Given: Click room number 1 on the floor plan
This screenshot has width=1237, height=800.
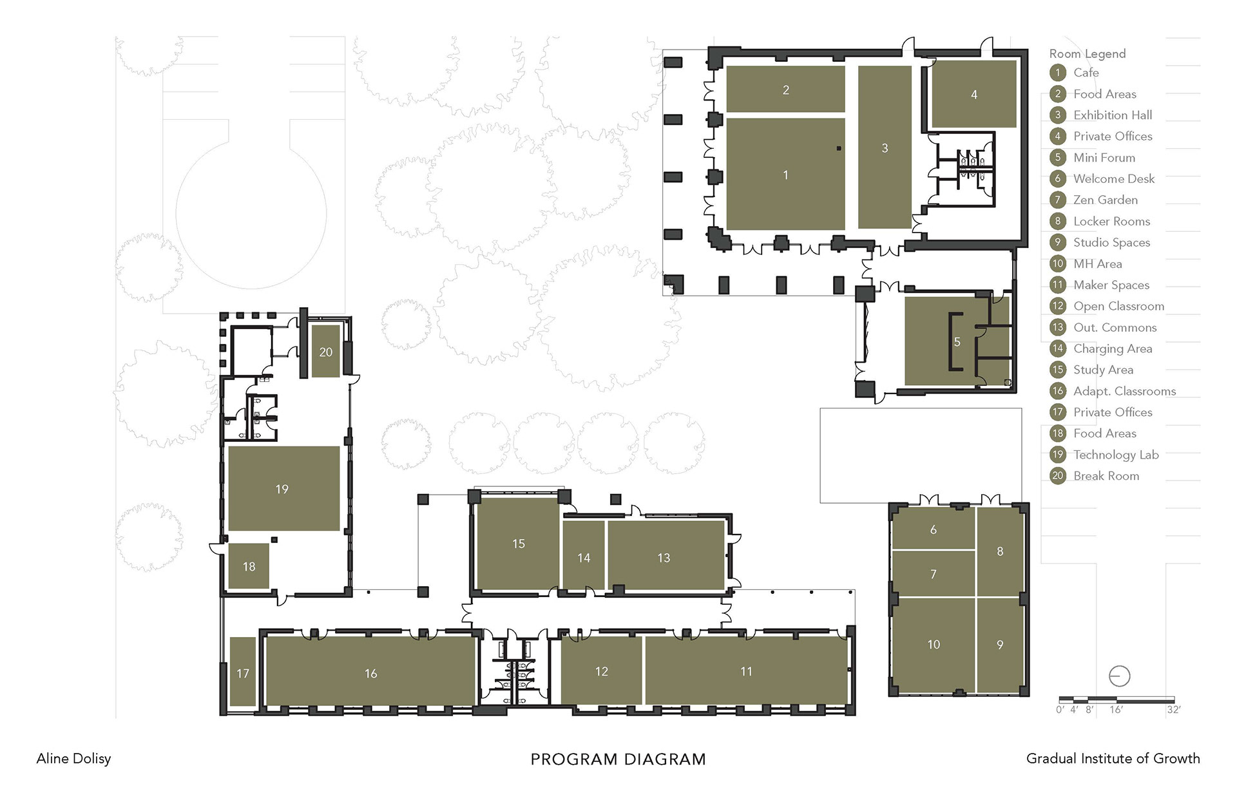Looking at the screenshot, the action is [785, 174].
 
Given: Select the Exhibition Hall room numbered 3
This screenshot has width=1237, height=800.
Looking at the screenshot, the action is [885, 148].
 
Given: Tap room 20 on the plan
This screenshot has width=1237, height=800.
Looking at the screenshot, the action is [326, 352].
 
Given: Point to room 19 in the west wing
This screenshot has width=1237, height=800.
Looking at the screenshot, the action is [283, 489].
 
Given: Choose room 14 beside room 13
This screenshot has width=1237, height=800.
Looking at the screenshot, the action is [584, 557].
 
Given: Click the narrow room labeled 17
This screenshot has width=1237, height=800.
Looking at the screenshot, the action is [243, 672].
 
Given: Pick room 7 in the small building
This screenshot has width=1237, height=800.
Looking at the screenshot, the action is [933, 573].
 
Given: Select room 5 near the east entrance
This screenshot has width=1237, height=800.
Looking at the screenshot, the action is [957, 341].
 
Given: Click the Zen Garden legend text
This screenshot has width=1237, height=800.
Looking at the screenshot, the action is [1106, 200].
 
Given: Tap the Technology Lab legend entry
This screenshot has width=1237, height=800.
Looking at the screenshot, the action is [1116, 455].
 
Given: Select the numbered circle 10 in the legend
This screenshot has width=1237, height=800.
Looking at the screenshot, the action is [1058, 263].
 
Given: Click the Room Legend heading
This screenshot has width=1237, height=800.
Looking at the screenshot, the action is [1088, 53].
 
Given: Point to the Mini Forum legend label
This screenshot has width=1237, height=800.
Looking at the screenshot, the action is [1104, 157].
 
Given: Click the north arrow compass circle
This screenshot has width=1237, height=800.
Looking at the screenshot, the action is [1120, 676].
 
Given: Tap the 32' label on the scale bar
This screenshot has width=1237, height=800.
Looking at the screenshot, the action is [1173, 710].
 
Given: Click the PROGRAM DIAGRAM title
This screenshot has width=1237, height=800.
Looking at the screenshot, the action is [618, 759].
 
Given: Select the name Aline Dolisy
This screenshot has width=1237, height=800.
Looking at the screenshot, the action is [73, 759].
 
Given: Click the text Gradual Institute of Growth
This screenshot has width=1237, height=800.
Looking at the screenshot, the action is [1113, 758].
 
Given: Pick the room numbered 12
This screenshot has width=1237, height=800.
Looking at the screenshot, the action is [601, 671].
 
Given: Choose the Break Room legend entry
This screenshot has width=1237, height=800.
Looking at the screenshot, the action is [1106, 476].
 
